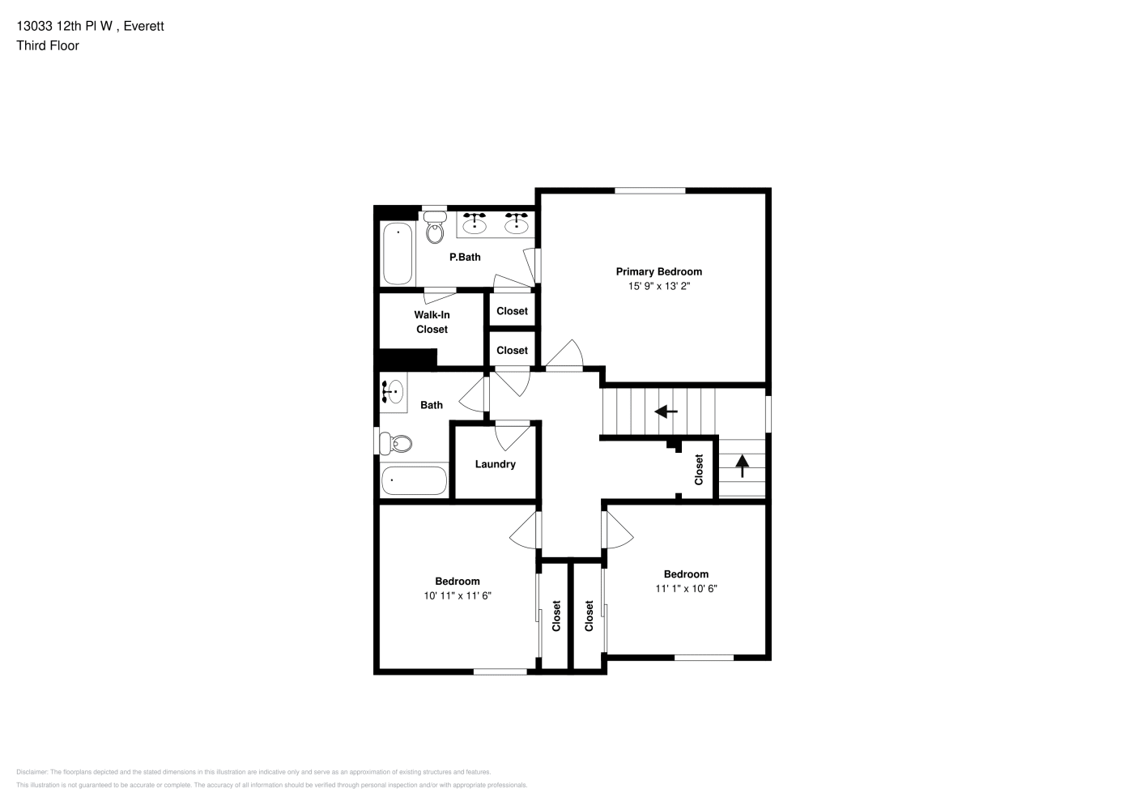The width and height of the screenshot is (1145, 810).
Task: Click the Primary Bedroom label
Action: tap(658, 271)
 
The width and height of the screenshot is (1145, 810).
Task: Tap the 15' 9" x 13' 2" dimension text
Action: tap(659, 286)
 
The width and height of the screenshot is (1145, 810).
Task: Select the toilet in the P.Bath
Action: tap(435, 227)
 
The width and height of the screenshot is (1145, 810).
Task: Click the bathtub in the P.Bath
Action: tap(398, 254)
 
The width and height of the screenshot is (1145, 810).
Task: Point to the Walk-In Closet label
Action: tap(432, 322)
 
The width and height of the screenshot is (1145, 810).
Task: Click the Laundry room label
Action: tap(496, 464)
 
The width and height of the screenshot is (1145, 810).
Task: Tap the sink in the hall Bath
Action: tap(393, 392)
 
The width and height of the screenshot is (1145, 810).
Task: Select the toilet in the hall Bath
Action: tap(396, 443)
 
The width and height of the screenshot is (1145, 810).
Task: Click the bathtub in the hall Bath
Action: tap(414, 480)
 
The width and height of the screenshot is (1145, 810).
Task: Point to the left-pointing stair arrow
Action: tap(666, 411)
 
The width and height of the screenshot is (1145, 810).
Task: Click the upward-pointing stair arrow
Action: tap(743, 466)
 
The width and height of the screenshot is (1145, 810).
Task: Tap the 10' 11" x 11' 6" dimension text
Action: tap(458, 595)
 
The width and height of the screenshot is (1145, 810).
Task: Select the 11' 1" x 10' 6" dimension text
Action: tap(687, 589)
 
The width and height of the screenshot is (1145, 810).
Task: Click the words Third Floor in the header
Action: tap(48, 45)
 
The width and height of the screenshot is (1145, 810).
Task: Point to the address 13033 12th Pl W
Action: tap(65, 26)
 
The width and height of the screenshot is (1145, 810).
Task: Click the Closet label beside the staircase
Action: tap(699, 470)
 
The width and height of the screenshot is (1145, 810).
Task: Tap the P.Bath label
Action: tap(465, 258)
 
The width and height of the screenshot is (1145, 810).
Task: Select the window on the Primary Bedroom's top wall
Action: tap(649, 190)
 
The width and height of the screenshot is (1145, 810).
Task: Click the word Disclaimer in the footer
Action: tap(32, 772)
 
